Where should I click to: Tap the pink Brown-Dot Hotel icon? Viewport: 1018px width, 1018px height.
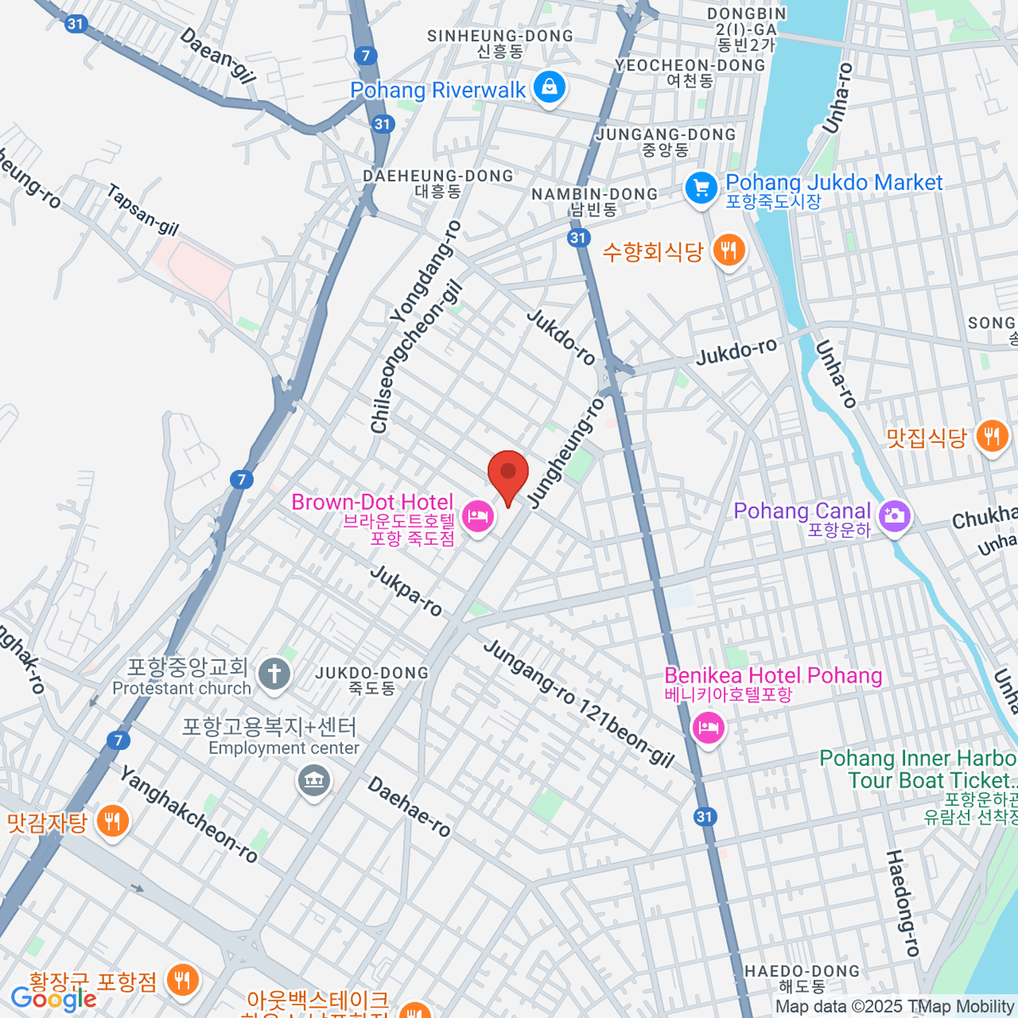click(x=478, y=516)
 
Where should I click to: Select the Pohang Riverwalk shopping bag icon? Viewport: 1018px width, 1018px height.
click(x=550, y=87)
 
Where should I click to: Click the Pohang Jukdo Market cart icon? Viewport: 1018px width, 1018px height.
click(x=701, y=187)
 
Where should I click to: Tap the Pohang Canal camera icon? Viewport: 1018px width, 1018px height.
click(x=893, y=515)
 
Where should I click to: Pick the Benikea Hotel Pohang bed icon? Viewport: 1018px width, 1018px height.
click(x=708, y=728)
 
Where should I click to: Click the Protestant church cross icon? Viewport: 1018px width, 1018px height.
click(x=274, y=675)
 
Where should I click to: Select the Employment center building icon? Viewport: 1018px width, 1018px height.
click(x=314, y=780)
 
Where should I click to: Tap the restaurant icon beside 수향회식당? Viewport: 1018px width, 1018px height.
click(x=729, y=250)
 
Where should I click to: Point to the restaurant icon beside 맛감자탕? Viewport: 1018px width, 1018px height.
click(x=112, y=820)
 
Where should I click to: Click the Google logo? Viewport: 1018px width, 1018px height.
click(x=53, y=998)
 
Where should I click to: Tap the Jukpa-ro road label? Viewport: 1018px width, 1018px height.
click(x=406, y=590)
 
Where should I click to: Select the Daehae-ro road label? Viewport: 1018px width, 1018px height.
click(x=409, y=806)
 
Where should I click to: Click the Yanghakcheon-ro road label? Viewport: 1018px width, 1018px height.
click(x=188, y=814)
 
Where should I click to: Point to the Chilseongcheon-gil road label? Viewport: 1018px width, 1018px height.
click(x=417, y=357)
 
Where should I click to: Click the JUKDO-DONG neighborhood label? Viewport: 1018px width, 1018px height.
click(x=372, y=680)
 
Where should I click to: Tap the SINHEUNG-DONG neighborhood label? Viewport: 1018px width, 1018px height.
click(x=500, y=43)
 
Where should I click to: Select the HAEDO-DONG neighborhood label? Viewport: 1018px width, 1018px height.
click(x=802, y=978)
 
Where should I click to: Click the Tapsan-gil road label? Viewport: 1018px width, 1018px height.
click(x=143, y=210)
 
